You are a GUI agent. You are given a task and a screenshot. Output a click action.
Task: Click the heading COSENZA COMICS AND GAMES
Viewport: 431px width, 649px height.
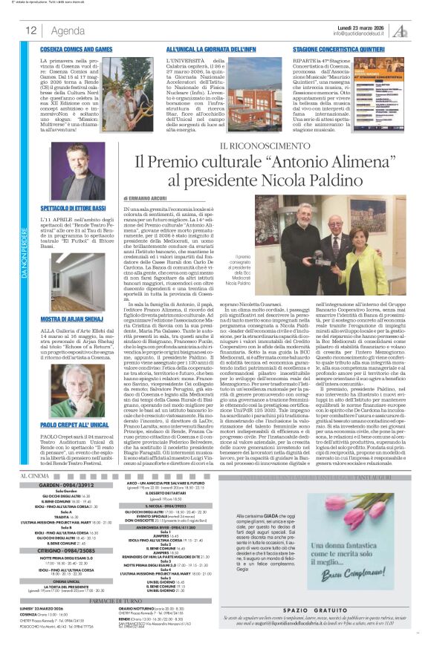tap(77, 49)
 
